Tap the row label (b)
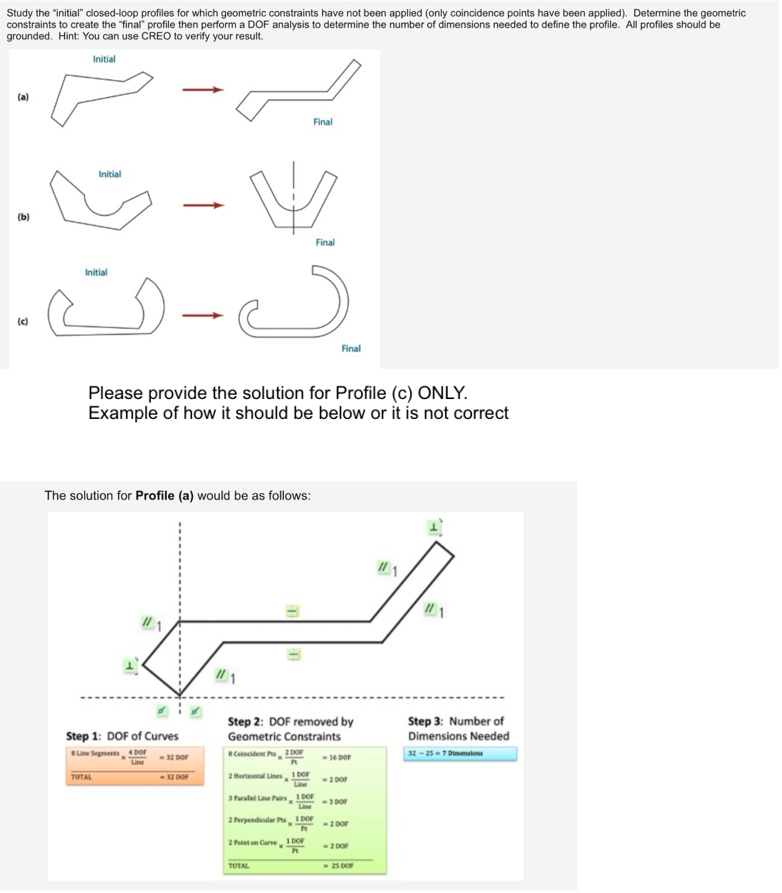pyautogui.click(x=23, y=217)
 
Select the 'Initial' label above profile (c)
pyautogui.click(x=96, y=272)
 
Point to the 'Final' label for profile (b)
pyautogui.click(x=325, y=243)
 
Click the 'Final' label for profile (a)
pyautogui.click(x=322, y=122)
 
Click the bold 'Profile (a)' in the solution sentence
pyautogui.click(x=165, y=495)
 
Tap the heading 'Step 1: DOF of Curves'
pyautogui.click(x=122, y=736)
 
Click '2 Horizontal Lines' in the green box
pyautogui.click(x=254, y=776)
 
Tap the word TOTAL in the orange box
pyautogui.click(x=81, y=777)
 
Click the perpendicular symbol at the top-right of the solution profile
pyautogui.click(x=434, y=527)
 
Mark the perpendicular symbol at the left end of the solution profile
pyautogui.click(x=130, y=666)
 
